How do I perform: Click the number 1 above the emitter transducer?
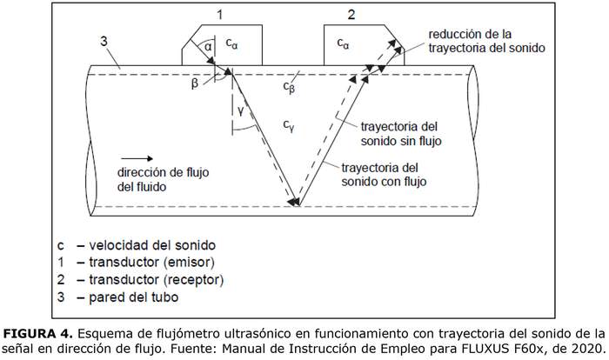[220, 14]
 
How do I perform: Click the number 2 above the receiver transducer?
[351, 14]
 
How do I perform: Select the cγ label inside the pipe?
[289, 126]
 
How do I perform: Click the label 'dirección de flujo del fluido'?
[154, 180]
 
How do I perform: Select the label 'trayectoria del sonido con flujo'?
[385, 174]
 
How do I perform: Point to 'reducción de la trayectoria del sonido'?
[486, 42]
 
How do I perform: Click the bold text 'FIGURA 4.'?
[37, 333]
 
